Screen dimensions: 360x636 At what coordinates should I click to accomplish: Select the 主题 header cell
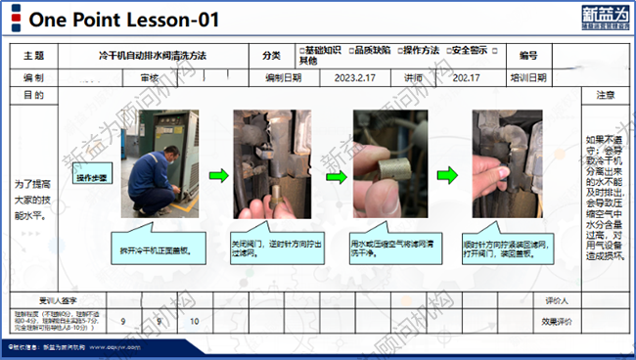33,57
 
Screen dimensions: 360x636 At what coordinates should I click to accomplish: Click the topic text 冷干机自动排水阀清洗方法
154,57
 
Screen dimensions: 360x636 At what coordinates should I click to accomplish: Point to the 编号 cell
528,57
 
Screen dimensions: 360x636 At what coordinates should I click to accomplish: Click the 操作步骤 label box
93,178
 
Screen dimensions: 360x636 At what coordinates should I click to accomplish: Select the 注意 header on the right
606,96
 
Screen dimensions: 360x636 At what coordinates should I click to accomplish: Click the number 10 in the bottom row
194,321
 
